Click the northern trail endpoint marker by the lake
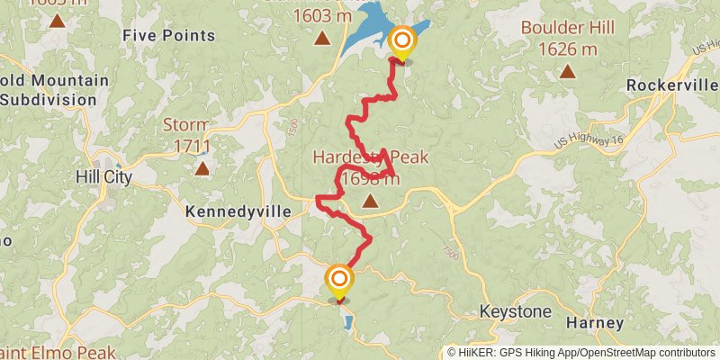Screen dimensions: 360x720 [401, 41]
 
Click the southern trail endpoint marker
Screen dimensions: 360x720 [339, 280]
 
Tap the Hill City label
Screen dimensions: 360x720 [104, 177]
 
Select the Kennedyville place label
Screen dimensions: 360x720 [238, 211]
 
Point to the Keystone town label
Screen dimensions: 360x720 [515, 311]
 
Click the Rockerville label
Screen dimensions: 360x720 [670, 85]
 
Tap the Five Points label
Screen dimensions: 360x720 [169, 36]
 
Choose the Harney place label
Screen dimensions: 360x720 [595, 322]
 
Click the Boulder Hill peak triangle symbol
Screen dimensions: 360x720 [567, 71]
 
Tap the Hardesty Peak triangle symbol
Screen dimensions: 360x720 [370, 202]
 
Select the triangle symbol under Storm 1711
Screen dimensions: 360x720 [202, 167]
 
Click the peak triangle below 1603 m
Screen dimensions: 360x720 [321, 38]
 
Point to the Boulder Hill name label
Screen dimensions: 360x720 [568, 28]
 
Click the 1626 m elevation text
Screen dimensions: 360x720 [568, 49]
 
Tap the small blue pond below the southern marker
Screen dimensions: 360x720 [347, 321]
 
